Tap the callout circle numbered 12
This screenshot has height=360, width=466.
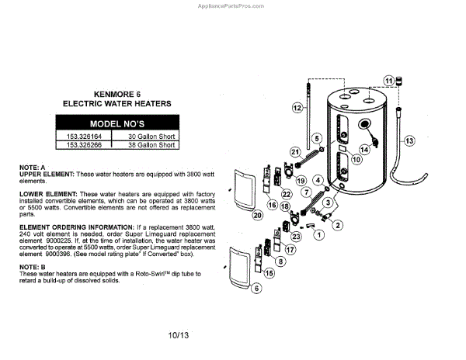pyautogui.click(x=297, y=108)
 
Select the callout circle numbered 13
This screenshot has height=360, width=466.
pyautogui.click(x=409, y=140)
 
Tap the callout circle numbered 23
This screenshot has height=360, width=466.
pyautogui.click(x=296, y=235)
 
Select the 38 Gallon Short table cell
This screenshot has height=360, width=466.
pyautogui.click(x=149, y=144)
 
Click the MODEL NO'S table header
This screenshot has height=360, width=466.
pyautogui.click(x=116, y=124)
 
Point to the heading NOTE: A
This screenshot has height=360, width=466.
pyautogui.click(x=33, y=168)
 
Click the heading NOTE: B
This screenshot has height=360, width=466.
pyautogui.click(x=33, y=267)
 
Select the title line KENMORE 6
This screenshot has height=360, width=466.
pyautogui.click(x=116, y=90)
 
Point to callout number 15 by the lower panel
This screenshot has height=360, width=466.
pyautogui.click(x=270, y=273)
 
